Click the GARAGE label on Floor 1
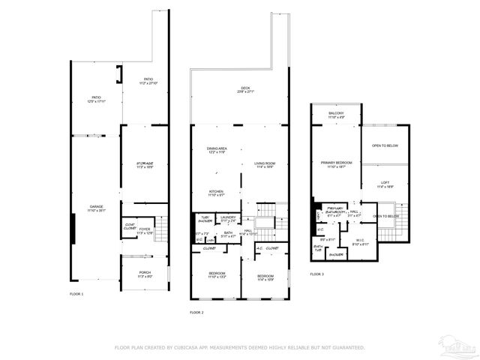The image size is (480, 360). [x=97, y=206]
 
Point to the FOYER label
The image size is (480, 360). [x=144, y=229]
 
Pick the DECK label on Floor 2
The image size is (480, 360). [x=245, y=88]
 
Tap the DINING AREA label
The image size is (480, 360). [x=217, y=148]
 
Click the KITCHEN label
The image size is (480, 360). [x=217, y=192]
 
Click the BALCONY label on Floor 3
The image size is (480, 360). [x=336, y=113]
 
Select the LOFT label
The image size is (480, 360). [x=385, y=182]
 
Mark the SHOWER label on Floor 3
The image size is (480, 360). [x=336, y=255]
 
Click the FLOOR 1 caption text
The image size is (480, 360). [x=76, y=293]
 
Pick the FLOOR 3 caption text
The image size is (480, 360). [x=316, y=274]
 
